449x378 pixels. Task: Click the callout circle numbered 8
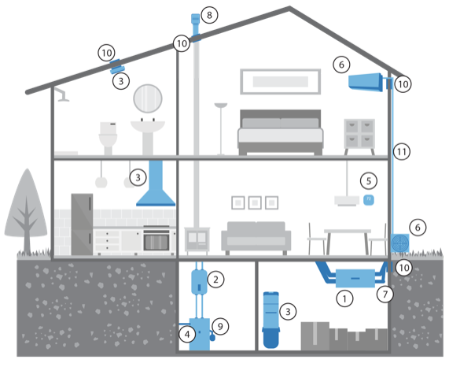point(209,15)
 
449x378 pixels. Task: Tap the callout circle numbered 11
point(402,151)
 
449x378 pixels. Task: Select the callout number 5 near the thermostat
point(369,181)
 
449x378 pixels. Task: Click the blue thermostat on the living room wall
point(369,200)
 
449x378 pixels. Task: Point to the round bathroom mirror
point(148,98)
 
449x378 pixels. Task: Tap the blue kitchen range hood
point(156,183)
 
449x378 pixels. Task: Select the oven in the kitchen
point(156,240)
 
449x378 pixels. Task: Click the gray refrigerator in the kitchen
point(82,224)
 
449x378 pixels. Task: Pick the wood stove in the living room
point(197,240)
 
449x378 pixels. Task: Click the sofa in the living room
point(256,238)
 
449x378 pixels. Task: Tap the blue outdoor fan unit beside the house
point(400,243)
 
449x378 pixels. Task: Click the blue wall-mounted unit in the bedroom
point(366,83)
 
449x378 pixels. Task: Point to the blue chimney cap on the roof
point(195,19)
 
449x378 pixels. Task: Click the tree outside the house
point(26,211)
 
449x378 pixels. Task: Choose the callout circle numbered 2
point(215,279)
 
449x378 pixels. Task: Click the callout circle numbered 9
point(220,326)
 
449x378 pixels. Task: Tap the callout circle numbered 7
point(385,294)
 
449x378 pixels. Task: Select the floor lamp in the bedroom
point(221,129)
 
